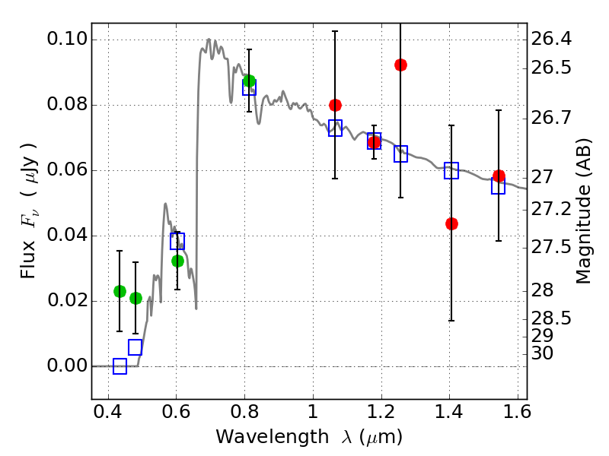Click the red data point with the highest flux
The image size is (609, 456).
click(x=400, y=65)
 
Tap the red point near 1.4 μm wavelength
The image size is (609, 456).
click(x=451, y=223)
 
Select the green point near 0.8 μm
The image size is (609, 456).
click(x=249, y=81)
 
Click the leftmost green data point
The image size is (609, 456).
click(x=120, y=291)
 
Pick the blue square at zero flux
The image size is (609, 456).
click(x=120, y=366)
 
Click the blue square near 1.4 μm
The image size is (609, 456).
click(x=451, y=170)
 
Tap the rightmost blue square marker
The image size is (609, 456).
click(x=498, y=185)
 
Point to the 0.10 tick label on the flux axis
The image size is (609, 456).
click(x=66, y=39)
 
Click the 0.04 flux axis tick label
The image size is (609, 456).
click(x=66, y=235)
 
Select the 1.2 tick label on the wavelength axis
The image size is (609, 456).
click(x=381, y=412)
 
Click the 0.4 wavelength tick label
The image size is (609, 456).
click(x=107, y=412)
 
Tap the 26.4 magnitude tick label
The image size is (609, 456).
click(x=551, y=39)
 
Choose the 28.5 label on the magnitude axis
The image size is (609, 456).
click(x=551, y=318)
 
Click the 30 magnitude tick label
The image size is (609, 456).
click(x=542, y=353)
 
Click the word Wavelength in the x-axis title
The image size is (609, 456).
click(x=273, y=437)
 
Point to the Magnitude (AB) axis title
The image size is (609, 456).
click(x=583, y=211)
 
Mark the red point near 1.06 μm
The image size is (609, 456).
click(x=335, y=105)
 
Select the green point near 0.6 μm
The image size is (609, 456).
click(x=177, y=261)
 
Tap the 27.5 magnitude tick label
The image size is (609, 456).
click(x=551, y=248)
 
